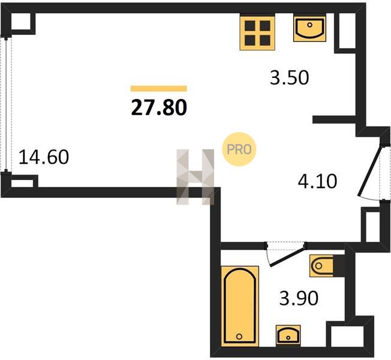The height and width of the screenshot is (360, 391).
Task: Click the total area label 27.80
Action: coord(159,107)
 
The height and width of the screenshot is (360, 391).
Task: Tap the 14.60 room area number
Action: coord(44,157)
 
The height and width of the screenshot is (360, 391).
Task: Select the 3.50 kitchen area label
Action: coord(289,77)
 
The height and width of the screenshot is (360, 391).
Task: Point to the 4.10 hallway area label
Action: coord(317,181)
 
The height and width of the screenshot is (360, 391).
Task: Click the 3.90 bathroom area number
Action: coord(299,298)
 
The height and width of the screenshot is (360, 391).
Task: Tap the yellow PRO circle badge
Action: coord(239,149)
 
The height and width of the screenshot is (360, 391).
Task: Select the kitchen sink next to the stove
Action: coord(309,28)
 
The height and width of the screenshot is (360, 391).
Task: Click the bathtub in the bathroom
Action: coord(240,307)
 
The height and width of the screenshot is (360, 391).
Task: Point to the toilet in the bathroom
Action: coord(321,266)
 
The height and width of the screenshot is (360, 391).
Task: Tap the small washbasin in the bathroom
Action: coord(288,335)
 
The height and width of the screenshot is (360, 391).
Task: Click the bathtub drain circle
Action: coord(239,337)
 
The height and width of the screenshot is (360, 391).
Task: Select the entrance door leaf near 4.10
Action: coord(370,171)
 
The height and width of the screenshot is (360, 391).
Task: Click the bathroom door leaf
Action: coord(287,256)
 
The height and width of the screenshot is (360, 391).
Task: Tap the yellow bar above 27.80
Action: coord(159,89)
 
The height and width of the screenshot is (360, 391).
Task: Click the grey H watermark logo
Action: coord(195,177)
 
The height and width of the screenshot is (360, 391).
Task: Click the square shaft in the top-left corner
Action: coord(21,22)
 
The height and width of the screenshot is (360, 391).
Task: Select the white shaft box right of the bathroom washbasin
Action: coord(347,337)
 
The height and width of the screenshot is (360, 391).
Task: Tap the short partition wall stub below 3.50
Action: coord(334,120)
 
